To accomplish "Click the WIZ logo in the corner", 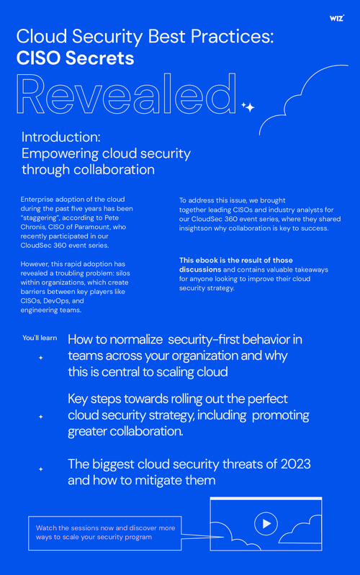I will pyautogui.click(x=336, y=17).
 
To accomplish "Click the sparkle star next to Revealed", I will pyautogui.click(x=248, y=107).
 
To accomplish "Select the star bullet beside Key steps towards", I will pyautogui.click(x=41, y=416).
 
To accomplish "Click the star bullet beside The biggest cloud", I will pyautogui.click(x=41, y=469).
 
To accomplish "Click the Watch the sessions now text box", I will pyautogui.click(x=105, y=532).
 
